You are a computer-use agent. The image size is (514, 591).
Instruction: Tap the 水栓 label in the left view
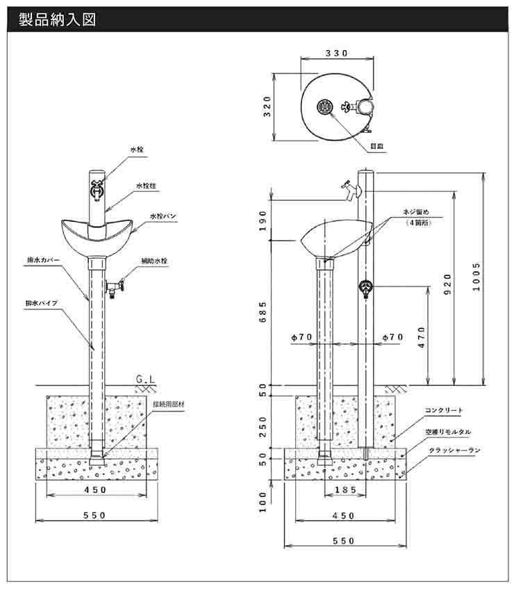tap(137, 150)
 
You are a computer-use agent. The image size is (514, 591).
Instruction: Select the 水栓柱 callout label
tap(146, 186)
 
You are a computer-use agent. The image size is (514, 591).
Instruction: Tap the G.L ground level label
tap(145, 380)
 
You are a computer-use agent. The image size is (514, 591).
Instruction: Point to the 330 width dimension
tap(335, 54)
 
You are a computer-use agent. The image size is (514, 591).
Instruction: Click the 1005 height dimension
tap(476, 277)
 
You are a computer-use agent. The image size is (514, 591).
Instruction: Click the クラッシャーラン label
tap(454, 451)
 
